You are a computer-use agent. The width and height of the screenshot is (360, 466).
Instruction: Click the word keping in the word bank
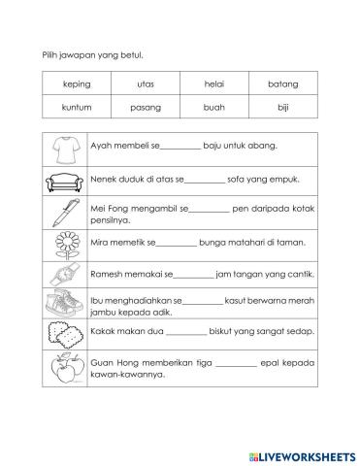76,84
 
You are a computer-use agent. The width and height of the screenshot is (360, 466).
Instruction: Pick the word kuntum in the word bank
76,108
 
